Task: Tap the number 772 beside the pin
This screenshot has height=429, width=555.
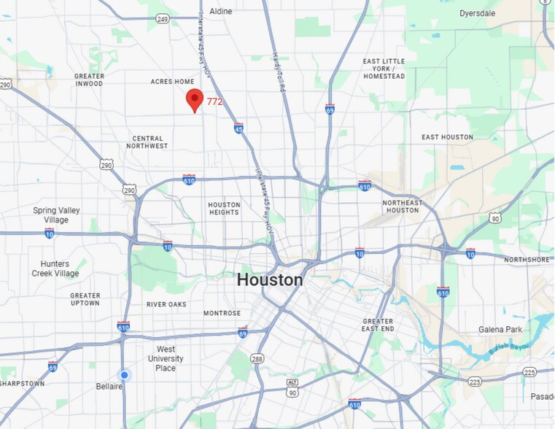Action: [214, 102]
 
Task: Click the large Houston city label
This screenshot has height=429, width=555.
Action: [269, 279]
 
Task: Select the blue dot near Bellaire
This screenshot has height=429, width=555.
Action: [125, 375]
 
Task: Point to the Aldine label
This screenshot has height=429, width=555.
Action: [220, 11]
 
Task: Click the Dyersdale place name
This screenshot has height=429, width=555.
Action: [478, 13]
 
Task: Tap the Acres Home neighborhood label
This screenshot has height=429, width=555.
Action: [172, 82]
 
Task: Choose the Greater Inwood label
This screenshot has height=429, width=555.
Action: [89, 80]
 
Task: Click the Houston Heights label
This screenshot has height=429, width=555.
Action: [224, 209]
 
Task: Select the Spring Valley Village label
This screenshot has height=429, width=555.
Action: [55, 215]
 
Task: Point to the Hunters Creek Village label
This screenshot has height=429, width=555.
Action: [55, 268]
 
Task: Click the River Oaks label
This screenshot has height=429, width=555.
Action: [166, 304]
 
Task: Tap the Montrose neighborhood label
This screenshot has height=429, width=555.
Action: [222, 313]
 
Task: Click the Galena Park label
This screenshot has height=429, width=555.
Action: [500, 330]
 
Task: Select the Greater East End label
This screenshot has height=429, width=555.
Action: [378, 325]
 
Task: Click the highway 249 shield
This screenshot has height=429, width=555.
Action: [163, 19]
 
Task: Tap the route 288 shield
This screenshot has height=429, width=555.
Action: [257, 359]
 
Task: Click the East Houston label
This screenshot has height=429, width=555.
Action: [447, 137]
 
